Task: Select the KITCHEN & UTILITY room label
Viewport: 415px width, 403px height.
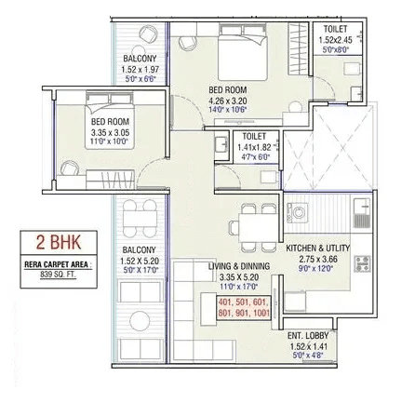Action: (x=317, y=249)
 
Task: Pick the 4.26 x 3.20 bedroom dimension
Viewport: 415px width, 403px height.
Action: (x=229, y=100)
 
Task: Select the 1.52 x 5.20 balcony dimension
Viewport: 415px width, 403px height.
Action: (x=141, y=261)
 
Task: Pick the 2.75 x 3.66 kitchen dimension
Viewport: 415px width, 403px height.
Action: (x=317, y=260)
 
